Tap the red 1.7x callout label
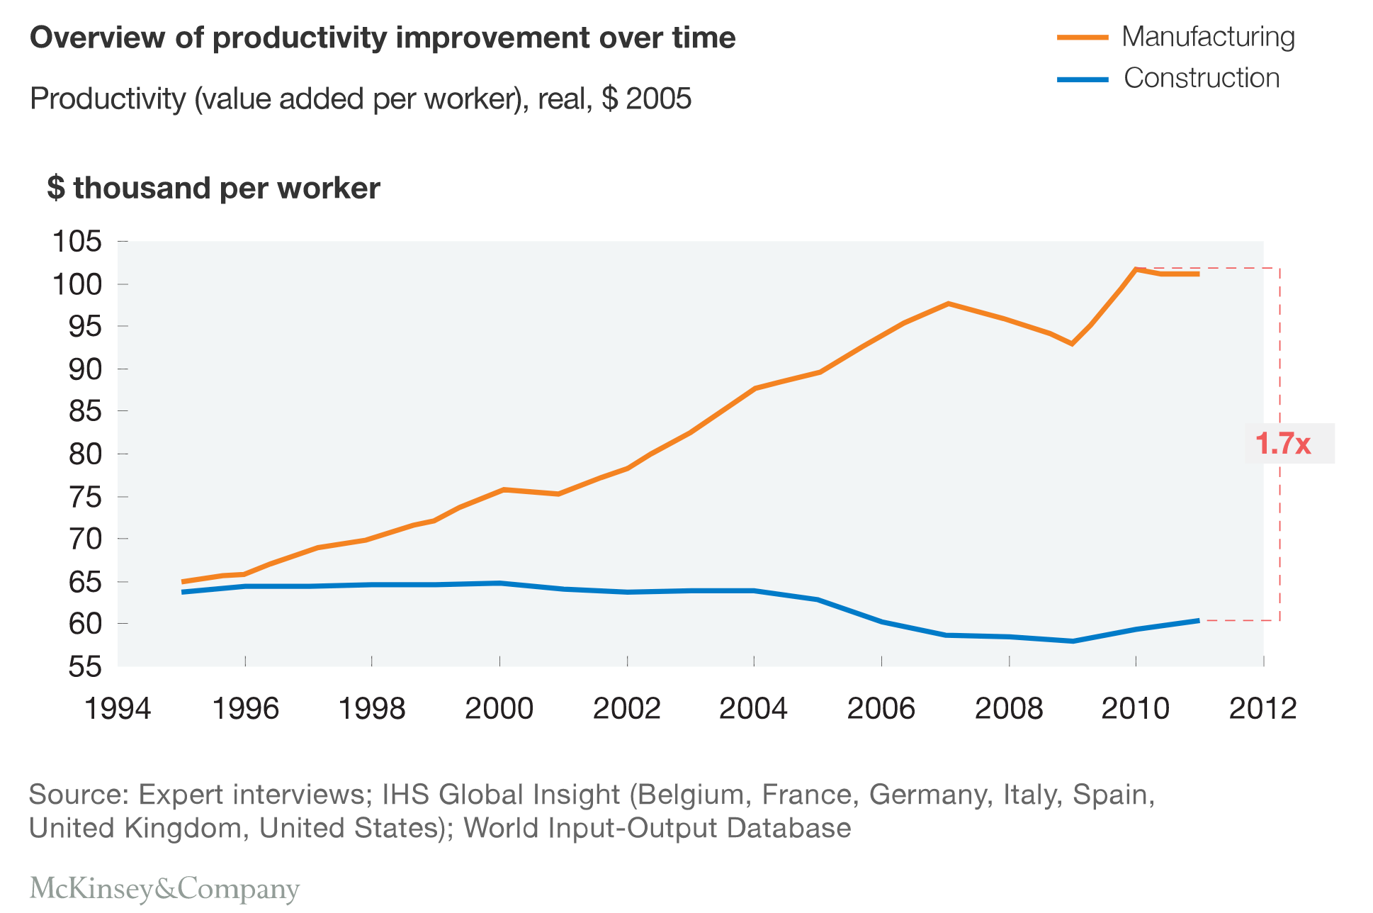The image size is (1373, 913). click(x=1283, y=444)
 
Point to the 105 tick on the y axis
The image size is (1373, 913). click(x=77, y=242)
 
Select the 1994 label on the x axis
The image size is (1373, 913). click(x=118, y=708)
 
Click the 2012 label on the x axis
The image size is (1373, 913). click(x=1262, y=708)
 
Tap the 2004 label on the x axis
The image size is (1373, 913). click(x=753, y=708)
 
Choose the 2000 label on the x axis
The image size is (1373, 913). click(x=499, y=708)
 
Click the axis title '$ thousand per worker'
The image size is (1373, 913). click(x=213, y=189)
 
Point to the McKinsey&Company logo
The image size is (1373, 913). click(x=164, y=888)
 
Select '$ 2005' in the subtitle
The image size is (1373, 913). click(x=646, y=99)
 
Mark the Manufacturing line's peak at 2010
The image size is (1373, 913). click(x=1136, y=269)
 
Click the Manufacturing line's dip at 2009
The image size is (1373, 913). click(x=1073, y=344)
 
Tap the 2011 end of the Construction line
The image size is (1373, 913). click(x=1198, y=620)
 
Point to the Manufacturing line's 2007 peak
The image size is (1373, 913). click(x=948, y=303)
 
